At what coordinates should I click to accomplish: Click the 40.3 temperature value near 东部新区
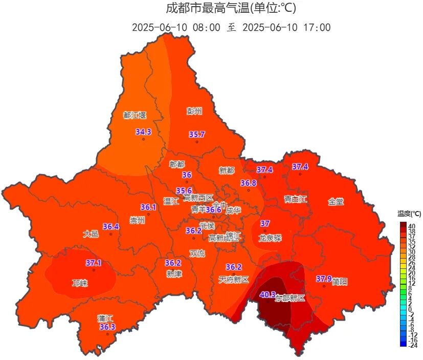[268, 294]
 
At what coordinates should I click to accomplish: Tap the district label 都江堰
[135, 115]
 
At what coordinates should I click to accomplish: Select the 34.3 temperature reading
[143, 132]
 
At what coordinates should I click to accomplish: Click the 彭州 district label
[194, 111]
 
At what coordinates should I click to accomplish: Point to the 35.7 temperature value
[196, 135]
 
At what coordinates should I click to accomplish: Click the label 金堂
[336, 202]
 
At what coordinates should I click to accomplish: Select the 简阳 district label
[340, 282]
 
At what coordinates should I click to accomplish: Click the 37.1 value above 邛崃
[94, 263]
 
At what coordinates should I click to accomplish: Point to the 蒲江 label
[105, 319]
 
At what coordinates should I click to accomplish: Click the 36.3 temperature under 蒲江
[107, 327]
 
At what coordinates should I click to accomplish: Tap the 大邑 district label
[91, 234]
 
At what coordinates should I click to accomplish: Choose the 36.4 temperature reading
[110, 226]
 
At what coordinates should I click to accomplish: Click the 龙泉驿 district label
[270, 238]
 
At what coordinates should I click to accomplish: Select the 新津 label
[174, 274]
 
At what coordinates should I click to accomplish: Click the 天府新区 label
[233, 280]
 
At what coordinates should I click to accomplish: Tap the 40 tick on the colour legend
[411, 226]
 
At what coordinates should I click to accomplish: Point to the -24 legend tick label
[413, 345]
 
